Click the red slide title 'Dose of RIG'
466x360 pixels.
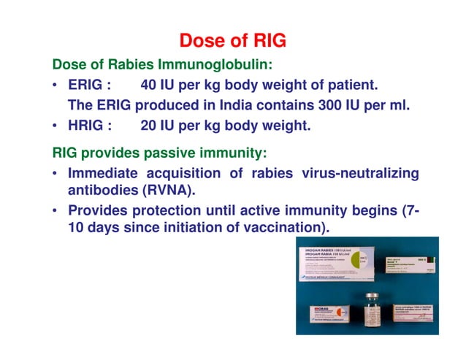(233, 39)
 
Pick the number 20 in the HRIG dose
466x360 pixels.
(149, 125)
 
